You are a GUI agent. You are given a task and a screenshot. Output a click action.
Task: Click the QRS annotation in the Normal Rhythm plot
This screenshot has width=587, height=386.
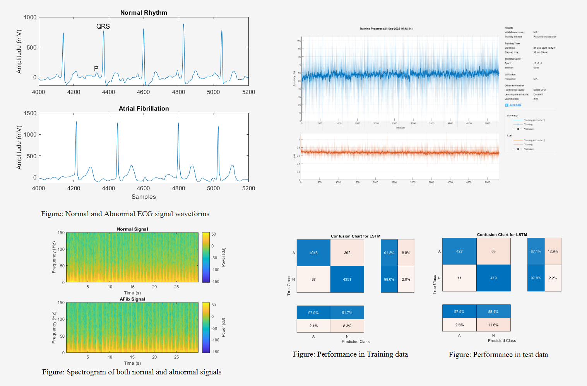tap(103, 26)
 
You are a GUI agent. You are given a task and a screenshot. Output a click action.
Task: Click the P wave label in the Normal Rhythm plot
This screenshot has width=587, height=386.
tap(96, 68)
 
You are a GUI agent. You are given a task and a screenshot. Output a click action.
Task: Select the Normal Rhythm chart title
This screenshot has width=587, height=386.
tap(144, 12)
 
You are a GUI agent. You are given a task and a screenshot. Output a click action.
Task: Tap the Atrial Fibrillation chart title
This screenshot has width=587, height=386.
tap(144, 109)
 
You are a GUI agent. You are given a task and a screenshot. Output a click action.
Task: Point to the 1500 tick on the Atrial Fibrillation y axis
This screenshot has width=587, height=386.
tap(30, 113)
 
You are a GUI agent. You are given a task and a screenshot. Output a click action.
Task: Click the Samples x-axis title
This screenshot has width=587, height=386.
tap(144, 196)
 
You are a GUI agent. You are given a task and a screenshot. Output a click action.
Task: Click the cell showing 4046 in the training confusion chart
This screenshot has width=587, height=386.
tap(313, 253)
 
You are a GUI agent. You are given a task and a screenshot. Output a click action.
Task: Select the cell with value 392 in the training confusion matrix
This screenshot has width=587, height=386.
tap(347, 253)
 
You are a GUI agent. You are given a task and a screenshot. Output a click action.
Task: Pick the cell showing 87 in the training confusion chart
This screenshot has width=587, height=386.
tap(313, 279)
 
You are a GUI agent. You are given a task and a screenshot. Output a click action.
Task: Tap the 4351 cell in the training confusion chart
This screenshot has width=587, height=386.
tap(347, 279)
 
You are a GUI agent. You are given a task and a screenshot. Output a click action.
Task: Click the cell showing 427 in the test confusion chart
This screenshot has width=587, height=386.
tap(459, 251)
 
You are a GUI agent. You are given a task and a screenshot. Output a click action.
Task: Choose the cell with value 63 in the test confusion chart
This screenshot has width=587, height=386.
tap(493, 251)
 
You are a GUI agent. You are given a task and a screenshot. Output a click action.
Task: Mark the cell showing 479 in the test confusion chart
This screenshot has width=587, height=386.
tap(493, 278)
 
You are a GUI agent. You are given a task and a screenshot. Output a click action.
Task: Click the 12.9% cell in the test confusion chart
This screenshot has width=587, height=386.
tap(553, 251)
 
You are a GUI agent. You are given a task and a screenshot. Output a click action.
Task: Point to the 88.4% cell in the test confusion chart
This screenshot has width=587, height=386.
tap(493, 311)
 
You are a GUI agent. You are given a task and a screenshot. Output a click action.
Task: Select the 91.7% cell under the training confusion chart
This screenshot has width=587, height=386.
tap(347, 313)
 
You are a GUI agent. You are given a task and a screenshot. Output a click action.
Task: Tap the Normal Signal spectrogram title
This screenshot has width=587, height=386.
tap(132, 229)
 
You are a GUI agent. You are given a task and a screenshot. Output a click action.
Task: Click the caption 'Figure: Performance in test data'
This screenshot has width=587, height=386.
tap(498, 355)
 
